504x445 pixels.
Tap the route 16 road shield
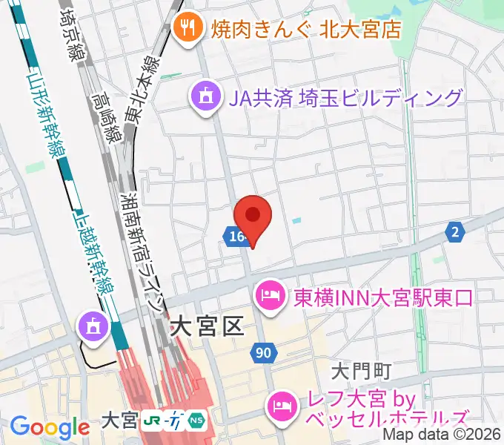[x=234, y=236]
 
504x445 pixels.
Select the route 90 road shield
[x=264, y=354]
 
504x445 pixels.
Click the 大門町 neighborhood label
[x=360, y=369]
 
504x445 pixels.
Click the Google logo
[x=50, y=427]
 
